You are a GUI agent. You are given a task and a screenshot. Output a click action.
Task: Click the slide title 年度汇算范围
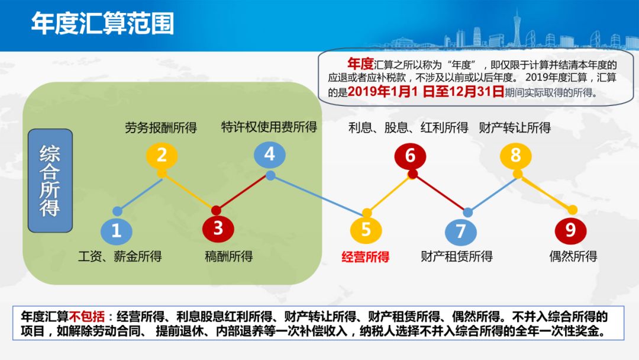[103, 23]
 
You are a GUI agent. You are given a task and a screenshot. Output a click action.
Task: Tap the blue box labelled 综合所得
[50, 181]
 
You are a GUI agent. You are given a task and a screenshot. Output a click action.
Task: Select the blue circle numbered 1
[117, 231]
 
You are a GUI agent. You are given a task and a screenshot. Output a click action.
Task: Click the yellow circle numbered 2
[162, 155]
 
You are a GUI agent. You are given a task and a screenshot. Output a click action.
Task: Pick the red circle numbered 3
[218, 229]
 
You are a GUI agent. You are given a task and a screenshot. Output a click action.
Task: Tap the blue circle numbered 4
[270, 155]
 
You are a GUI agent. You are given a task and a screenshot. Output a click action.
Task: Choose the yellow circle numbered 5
[366, 230]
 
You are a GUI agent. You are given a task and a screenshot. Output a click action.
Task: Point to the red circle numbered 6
[411, 156]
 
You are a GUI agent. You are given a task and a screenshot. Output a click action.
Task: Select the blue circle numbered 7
[461, 231]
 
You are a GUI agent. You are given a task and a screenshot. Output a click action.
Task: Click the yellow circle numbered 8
[516, 155]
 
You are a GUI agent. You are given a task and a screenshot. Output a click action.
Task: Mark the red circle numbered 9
[570, 230]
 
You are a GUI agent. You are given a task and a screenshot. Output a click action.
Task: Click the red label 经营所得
[366, 257]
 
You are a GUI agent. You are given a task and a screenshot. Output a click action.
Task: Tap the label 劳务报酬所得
[161, 128]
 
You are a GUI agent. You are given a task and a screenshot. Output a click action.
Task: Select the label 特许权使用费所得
[269, 127]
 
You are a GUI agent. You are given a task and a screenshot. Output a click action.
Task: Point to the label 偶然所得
[573, 256]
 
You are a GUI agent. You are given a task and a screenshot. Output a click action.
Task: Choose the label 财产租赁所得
[457, 256]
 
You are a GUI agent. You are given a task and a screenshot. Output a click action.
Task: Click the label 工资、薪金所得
[120, 256]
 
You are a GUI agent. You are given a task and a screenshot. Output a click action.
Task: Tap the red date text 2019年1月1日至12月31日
[426, 91]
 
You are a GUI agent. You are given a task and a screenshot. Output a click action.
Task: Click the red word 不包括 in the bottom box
[87, 316]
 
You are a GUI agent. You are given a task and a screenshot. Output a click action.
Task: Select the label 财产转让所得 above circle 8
[515, 128]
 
